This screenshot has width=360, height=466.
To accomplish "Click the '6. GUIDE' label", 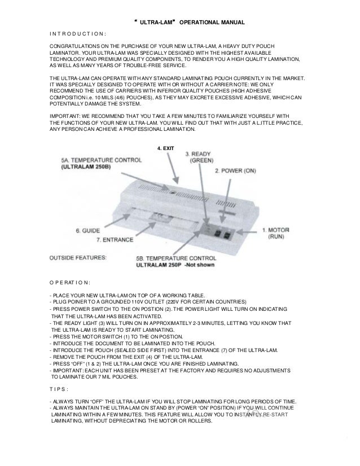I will point(87,230).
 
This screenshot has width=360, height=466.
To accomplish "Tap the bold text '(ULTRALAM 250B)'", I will point(86,168).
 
